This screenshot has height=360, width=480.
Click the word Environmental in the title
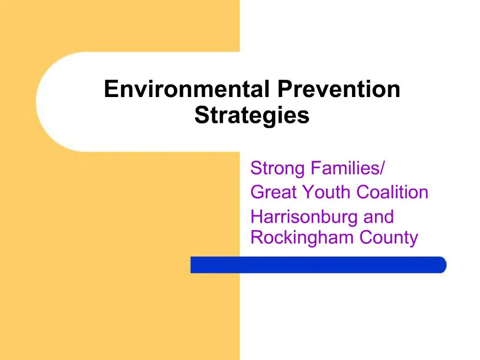point(187,89)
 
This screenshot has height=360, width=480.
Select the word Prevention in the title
point(339,89)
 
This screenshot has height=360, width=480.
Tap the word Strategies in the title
point(252,115)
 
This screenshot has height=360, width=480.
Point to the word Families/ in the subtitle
point(347,168)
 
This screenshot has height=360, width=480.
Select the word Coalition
point(392,192)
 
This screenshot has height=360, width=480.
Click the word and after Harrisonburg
point(379,217)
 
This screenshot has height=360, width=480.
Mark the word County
point(389,238)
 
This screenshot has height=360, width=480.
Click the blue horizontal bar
point(319,265)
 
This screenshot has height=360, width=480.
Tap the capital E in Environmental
point(110,89)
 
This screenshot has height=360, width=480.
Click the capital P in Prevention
point(283,89)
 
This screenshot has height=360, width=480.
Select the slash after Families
point(382,168)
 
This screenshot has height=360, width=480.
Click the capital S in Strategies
point(201,115)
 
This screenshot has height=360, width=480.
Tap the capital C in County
point(366,238)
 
